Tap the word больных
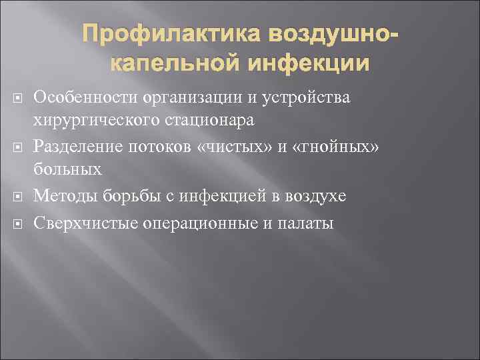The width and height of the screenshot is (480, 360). point(67,171)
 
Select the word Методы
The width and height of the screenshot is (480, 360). point(63,195)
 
